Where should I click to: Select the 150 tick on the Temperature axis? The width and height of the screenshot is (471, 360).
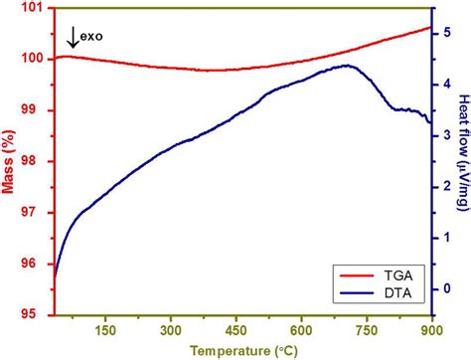[x=106, y=330]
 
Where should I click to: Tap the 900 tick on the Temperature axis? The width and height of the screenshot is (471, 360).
[x=431, y=330]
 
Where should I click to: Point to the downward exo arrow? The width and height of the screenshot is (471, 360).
[x=72, y=39]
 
